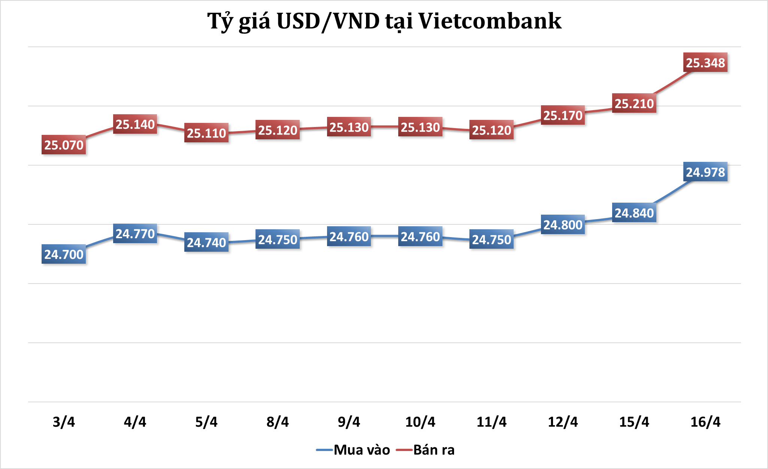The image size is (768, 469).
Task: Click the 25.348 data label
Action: (x=705, y=63)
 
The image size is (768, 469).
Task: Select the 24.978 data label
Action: (x=705, y=172)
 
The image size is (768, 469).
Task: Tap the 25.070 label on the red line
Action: (x=64, y=145)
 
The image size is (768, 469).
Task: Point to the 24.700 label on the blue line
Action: (x=64, y=254)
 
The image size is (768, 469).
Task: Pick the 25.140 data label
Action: (x=135, y=124)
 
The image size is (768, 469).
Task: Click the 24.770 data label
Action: (x=135, y=234)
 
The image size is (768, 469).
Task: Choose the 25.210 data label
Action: (x=634, y=103)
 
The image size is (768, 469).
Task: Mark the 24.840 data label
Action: (x=634, y=213)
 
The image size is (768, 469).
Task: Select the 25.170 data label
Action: (x=563, y=115)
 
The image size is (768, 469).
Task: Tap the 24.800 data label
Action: (x=563, y=225)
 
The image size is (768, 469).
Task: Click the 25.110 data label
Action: (x=206, y=133)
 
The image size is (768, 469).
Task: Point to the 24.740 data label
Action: (x=206, y=242)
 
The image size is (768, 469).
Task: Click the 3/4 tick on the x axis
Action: (x=64, y=422)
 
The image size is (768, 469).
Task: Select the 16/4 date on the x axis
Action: (x=705, y=422)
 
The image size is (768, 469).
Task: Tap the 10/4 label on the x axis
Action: (x=420, y=422)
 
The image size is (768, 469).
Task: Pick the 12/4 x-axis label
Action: (x=563, y=422)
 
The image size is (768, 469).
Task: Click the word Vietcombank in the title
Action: (x=490, y=21)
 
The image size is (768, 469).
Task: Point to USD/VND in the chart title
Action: (x=328, y=21)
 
